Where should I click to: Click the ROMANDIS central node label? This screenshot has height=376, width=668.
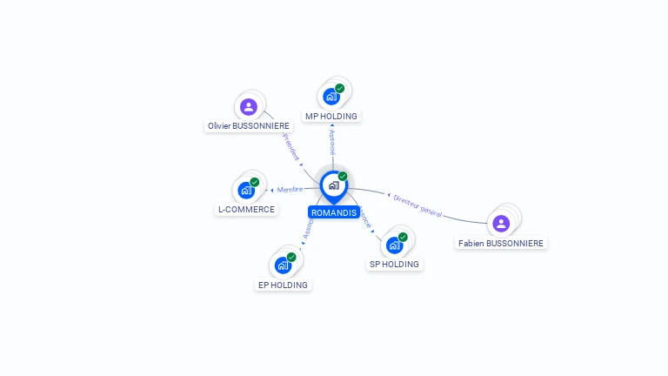coord(333,212)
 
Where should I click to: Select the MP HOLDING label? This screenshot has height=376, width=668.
coord(331,116)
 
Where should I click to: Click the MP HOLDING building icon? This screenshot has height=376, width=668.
coord(331,96)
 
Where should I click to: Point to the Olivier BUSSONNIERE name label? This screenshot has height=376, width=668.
coord(248,126)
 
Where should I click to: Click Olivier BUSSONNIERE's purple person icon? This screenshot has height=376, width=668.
coord(249,107)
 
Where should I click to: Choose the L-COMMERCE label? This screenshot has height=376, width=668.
coord(247,210)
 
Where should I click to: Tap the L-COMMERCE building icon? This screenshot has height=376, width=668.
coord(247,190)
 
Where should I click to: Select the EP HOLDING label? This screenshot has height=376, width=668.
coord(283,285)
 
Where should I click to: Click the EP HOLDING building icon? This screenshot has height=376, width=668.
coord(283,265)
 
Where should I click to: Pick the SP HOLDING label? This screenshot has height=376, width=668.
coord(394,264)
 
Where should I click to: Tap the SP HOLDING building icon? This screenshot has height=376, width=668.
coord(394,245)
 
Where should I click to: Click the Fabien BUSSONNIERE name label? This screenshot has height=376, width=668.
coord(501,244)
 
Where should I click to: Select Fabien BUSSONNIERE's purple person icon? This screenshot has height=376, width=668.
coord(501,224)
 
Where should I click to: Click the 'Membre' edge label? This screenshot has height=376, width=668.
coord(290,190)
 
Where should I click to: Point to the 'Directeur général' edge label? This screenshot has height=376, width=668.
coord(417,205)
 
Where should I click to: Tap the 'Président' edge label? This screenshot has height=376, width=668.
coord(291,147)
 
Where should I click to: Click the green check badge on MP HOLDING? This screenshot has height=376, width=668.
coord(340,88)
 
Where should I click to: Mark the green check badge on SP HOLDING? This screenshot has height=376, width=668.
coord(403,237)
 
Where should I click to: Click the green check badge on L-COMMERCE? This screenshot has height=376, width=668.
coord(255,182)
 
